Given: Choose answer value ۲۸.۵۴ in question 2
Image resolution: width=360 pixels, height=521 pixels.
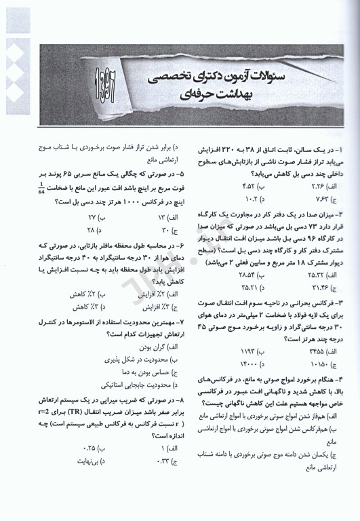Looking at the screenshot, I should pos(235,276).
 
